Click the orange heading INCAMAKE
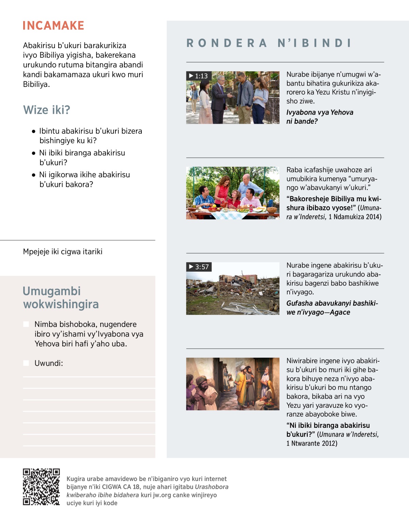[54, 26]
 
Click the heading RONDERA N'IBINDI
[269, 43]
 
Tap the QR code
[41, 487]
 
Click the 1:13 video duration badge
[198, 76]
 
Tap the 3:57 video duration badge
[199, 267]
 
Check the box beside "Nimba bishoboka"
[26, 324]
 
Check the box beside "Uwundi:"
[26, 363]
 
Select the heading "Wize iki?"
[47, 110]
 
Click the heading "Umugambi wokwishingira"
[61, 298]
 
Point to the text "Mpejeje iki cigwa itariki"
[63, 252]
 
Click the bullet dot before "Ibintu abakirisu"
[33, 131]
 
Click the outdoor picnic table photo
[233, 193]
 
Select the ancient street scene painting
[233, 384]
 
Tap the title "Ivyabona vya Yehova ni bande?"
[319, 117]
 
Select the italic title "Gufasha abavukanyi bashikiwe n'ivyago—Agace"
[332, 307]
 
